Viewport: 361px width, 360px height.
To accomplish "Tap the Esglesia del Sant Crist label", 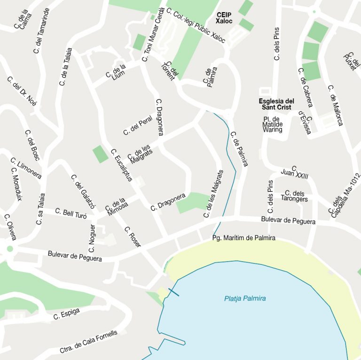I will pos(276,104).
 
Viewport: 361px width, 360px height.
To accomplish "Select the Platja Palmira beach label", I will pos(245,298).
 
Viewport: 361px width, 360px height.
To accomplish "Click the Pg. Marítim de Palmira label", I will pos(243,238).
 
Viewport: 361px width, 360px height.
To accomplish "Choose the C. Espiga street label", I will pos(66,313).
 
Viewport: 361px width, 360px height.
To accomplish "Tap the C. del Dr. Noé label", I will pos(22,91).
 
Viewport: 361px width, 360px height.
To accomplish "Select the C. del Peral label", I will pos(138,125).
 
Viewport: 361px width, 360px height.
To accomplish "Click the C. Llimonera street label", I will pos(26,168).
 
